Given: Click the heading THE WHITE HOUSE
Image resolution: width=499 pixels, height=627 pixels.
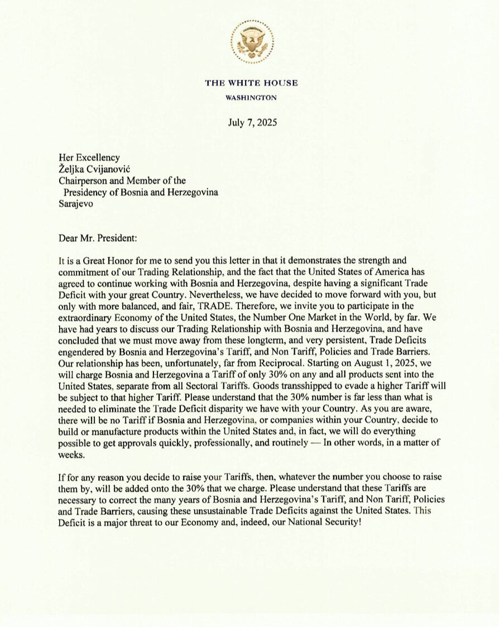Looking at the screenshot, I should click(251, 83).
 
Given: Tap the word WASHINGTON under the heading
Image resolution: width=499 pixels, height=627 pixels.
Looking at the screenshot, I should click(251, 97).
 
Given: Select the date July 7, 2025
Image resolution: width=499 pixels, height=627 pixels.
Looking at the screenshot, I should click(252, 122).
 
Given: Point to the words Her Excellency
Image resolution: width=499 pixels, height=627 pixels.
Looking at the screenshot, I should click(89, 158).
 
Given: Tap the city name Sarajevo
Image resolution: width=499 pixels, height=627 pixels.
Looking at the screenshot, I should click(77, 204).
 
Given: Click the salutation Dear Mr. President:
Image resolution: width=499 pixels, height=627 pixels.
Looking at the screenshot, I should click(97, 238).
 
